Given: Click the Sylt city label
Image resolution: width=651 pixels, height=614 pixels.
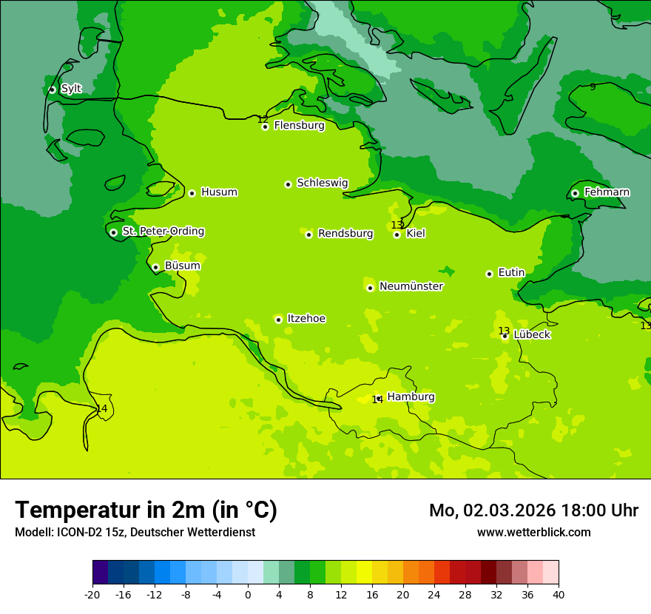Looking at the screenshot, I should pos(71,89).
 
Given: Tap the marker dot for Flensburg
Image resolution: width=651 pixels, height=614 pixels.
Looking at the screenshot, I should pos(265,126).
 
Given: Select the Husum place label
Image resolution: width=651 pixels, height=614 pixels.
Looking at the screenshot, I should pos(219,192).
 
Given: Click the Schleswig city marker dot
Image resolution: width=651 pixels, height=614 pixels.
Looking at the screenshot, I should pos(288,184).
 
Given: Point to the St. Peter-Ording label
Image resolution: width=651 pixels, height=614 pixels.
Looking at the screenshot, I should pos(163,232).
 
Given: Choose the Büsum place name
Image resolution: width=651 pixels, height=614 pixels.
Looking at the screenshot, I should pos(182,266).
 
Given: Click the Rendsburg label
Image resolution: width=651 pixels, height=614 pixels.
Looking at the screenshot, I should pos(345,234).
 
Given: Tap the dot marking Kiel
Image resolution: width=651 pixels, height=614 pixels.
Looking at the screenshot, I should pos(397,235).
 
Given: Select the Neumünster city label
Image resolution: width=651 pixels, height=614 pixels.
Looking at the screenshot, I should pos(411,286).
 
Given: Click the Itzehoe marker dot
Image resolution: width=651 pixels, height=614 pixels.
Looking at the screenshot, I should pos(278,320).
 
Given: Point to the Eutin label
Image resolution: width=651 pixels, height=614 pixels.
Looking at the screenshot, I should pos(511,273).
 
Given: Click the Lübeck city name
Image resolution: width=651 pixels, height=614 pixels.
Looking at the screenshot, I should pos(532,334).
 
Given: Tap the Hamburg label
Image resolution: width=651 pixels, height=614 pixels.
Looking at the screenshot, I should pos(411,397).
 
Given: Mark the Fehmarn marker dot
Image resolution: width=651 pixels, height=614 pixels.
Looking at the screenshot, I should pos(575,193).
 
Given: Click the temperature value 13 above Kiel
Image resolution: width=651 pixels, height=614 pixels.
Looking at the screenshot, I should pos(397,225).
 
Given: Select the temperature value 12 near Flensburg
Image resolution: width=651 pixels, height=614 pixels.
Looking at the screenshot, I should pos(263,119).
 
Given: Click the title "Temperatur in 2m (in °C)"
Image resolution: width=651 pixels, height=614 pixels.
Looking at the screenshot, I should pos(146,510).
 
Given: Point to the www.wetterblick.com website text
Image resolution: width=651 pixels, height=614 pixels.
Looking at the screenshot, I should pos(533,533).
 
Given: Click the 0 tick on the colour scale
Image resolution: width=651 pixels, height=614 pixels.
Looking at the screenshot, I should pos(248,595).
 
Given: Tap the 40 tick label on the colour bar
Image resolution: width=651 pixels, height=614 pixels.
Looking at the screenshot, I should pos(558,595).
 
